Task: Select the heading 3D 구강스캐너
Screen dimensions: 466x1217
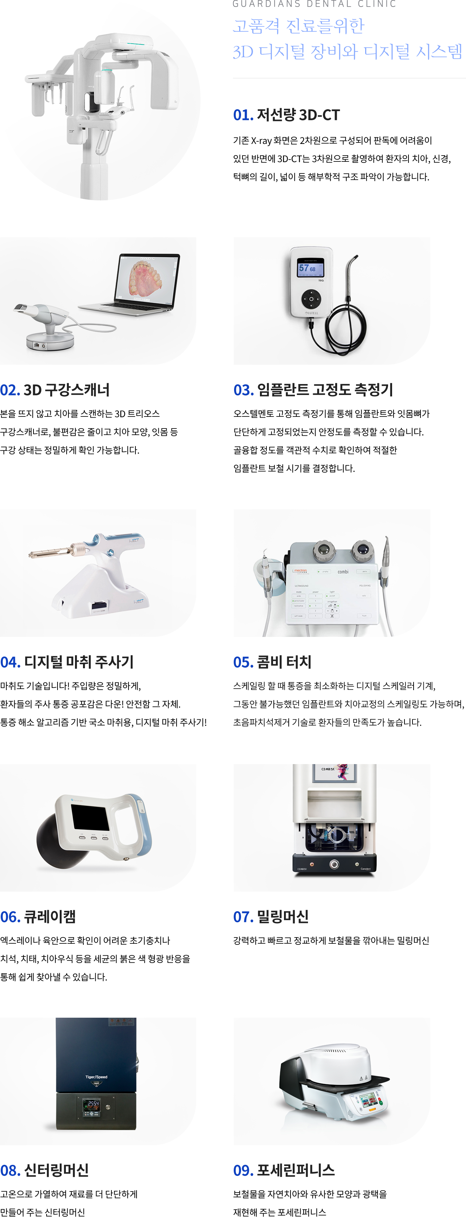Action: click(67, 390)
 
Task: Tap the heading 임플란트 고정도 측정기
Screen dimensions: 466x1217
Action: click(325, 390)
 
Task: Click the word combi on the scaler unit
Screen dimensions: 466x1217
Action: click(343, 572)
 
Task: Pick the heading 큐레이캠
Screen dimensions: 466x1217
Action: click(50, 916)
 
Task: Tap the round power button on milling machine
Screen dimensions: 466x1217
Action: click(334, 864)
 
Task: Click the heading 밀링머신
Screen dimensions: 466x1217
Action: click(283, 916)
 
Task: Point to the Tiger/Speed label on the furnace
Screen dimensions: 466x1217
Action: click(96, 1077)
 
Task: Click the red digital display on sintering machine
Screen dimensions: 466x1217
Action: click(91, 1104)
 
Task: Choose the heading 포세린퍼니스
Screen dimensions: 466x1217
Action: click(296, 1170)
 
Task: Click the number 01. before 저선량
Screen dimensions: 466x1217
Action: click(243, 115)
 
